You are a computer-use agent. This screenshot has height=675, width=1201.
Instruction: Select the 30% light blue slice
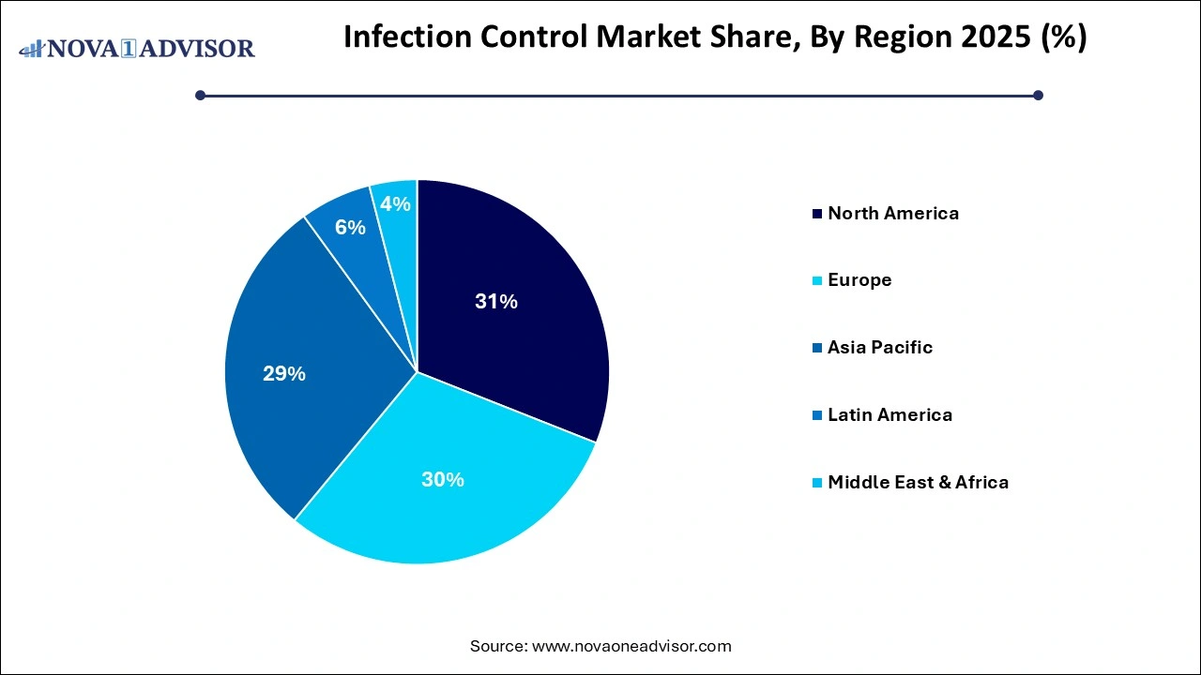point(441,487)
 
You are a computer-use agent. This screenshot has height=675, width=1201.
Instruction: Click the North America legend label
point(893,213)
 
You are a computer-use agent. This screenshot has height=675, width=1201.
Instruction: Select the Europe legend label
point(859,280)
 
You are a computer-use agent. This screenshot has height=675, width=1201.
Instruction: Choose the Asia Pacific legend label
point(880,348)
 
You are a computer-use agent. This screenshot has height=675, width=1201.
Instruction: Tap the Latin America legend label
point(889,415)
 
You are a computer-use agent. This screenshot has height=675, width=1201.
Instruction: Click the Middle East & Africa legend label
point(918,483)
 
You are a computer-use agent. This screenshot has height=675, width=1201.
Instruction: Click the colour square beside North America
point(818,214)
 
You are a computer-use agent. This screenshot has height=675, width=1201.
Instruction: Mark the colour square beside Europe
point(818,281)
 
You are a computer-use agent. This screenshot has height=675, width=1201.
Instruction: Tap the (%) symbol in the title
point(1064,37)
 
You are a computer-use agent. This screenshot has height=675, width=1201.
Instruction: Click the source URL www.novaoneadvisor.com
point(631,646)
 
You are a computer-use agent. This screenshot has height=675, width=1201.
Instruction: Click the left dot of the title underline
point(200,95)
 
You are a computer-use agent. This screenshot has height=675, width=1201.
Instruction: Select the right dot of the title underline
point(1038,95)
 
